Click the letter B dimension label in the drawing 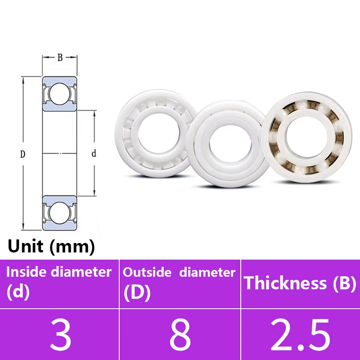[x=60, y=57]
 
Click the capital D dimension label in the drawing [x=22, y=154]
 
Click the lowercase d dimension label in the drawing [x=94, y=154]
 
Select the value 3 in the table [x=60, y=335]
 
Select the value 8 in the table [x=180, y=335]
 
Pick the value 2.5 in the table [x=300, y=335]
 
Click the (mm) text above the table [x=72, y=247]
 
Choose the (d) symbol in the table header [x=18, y=292]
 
